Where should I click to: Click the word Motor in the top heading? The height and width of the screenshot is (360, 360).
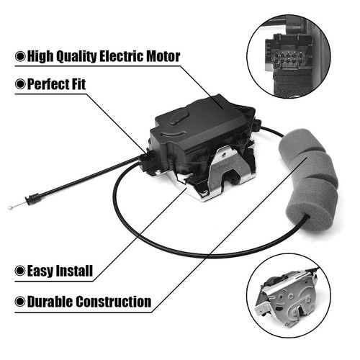point(163,56)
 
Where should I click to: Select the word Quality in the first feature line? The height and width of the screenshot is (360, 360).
point(76,57)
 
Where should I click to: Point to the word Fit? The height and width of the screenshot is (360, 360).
point(76,84)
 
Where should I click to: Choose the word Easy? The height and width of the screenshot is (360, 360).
point(40,271)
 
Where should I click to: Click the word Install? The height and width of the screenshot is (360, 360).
point(74,271)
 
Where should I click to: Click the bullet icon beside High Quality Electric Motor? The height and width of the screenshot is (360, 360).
point(20,56)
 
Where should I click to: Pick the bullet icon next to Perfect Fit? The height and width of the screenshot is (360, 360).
point(20,84)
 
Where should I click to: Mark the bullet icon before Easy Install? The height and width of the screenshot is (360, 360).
point(20,271)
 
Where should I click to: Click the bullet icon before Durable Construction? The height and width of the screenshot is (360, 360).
point(20,302)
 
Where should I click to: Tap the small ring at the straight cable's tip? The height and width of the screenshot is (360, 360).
point(10,207)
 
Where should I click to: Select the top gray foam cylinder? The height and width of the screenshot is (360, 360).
point(301,142)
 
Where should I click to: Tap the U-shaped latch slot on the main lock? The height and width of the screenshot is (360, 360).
point(231,178)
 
